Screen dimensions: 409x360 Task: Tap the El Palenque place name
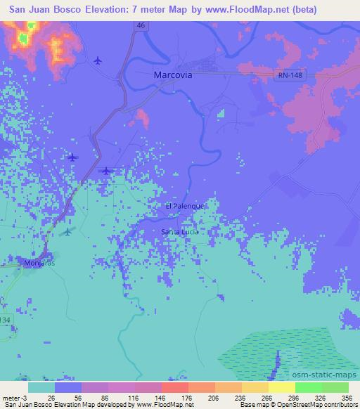(184, 206)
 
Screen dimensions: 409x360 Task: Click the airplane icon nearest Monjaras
(67, 231)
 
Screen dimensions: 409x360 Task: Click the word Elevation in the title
(96, 10)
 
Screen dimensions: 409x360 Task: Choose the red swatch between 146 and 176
(174, 387)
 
